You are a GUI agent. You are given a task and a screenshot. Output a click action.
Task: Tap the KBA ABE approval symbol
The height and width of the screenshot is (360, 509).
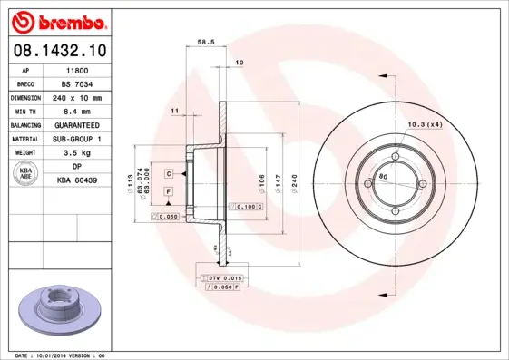25,173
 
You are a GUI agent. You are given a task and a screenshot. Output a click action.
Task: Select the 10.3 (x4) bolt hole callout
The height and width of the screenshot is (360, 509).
425,123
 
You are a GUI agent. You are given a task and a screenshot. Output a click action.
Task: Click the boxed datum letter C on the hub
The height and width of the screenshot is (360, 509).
169,172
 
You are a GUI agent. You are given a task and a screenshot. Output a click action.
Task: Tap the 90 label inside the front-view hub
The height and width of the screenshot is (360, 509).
383,175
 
